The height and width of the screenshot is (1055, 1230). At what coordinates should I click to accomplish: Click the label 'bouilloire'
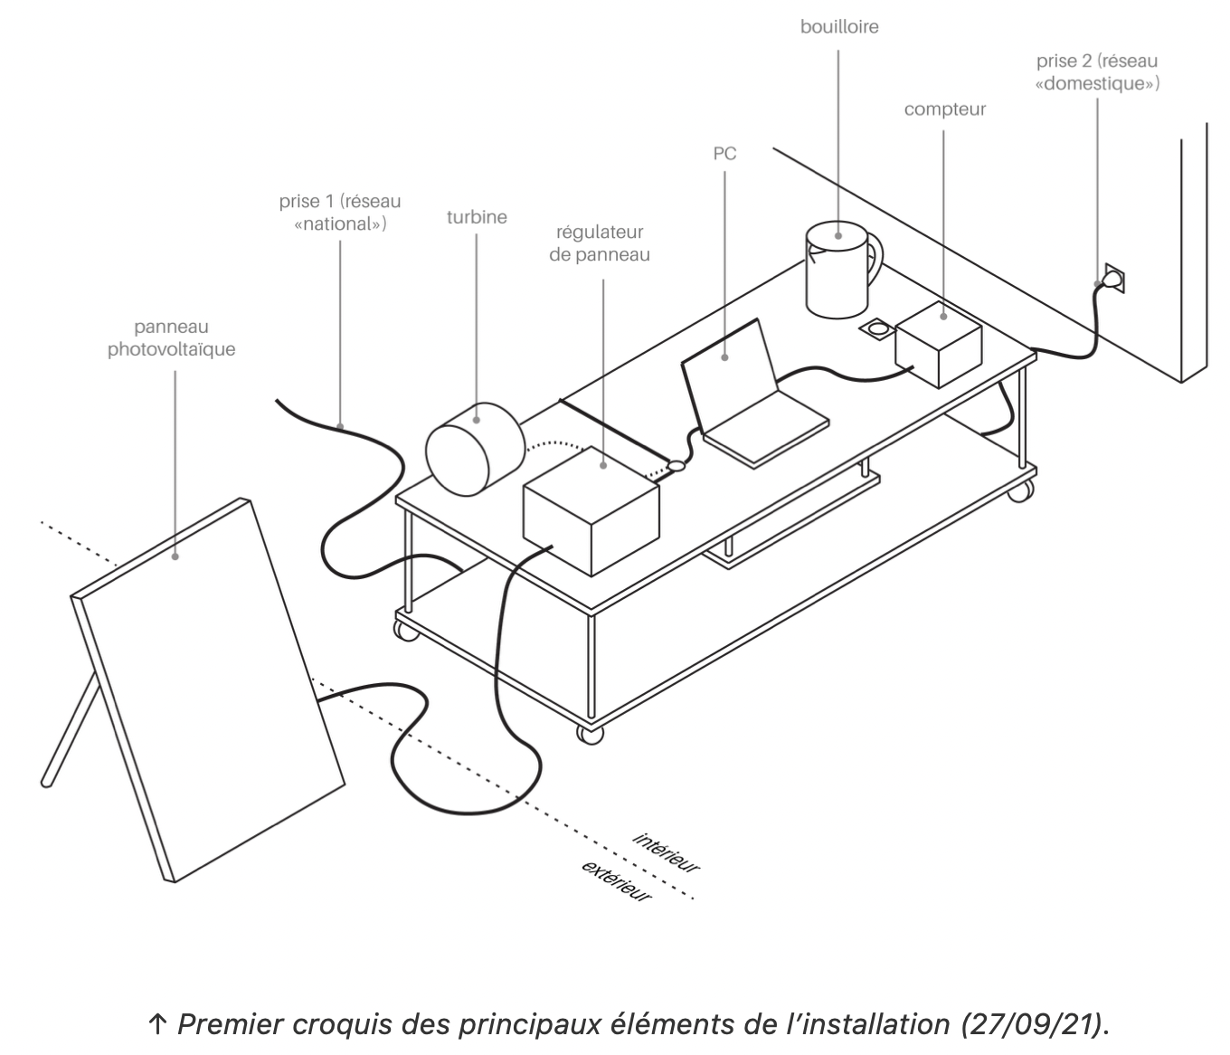(838, 27)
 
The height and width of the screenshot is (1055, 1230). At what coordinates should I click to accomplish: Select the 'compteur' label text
(944, 109)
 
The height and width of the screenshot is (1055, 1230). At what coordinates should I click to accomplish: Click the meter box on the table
(939, 345)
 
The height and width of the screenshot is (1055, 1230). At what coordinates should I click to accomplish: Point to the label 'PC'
(724, 154)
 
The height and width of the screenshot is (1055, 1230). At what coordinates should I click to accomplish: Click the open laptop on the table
(751, 398)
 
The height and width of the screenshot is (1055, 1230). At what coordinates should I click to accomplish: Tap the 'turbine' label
(477, 217)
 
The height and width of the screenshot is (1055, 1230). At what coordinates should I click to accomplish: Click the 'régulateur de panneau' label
(600, 244)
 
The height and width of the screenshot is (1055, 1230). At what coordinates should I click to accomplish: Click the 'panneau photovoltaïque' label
(172, 338)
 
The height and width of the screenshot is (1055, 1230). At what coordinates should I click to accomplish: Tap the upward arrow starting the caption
(156, 1024)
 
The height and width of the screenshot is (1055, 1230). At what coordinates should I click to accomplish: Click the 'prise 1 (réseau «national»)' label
(340, 212)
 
